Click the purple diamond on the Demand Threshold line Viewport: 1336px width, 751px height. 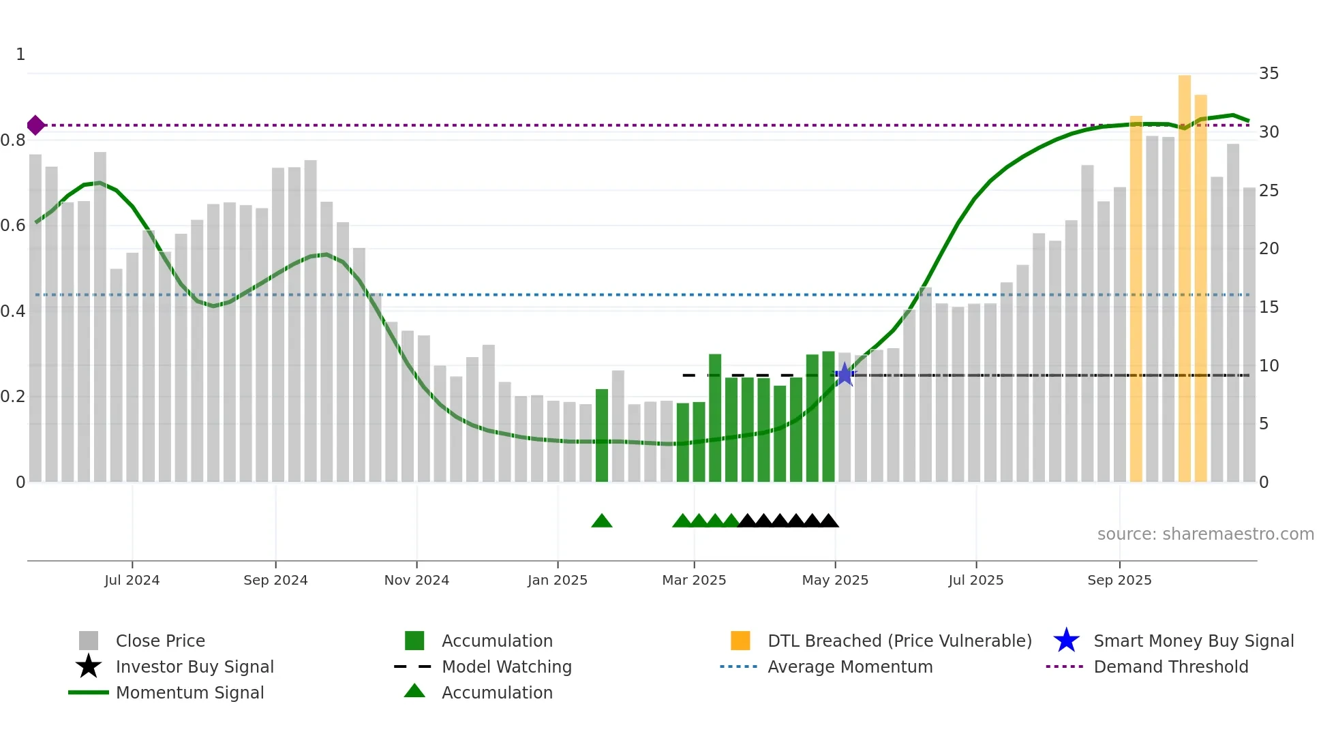pos(35,125)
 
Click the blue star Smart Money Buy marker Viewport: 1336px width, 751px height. pos(845,374)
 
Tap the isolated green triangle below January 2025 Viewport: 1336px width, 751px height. pos(602,521)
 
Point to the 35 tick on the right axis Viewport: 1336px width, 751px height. pos(1269,74)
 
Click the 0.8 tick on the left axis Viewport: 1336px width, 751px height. pos(14,140)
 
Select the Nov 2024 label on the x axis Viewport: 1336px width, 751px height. pos(416,580)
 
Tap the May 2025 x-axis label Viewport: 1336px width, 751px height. pos(835,580)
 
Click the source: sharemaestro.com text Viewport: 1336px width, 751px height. pos(1205,534)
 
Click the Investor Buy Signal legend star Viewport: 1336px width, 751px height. pos(89,666)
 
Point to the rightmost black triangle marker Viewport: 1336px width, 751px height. pos(829,521)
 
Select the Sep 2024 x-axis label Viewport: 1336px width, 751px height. pos(275,580)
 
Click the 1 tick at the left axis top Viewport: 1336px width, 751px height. pos(20,55)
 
